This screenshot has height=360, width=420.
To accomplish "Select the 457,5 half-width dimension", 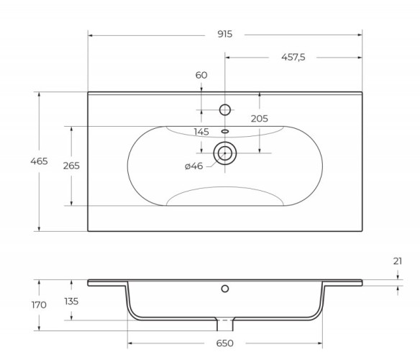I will coord(293,58).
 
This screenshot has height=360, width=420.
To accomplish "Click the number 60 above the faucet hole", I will coord(201,75).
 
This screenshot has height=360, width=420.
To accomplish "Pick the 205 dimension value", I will coord(260,118).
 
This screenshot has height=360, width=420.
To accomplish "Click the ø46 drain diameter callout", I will coord(193,166).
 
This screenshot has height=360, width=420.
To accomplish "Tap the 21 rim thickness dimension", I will coord(398,261).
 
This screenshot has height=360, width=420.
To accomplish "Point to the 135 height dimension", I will coord(71,300).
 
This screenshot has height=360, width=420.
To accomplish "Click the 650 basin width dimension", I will coord(225,344).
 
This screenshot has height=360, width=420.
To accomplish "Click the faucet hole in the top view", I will coord(225,110).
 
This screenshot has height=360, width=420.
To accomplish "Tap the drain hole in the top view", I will coord(225,153).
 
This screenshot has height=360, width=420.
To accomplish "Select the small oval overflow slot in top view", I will coord(225,131).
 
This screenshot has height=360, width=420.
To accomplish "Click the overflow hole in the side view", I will coord(225,289).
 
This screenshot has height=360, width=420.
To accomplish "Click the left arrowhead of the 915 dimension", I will coord(91,35).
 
